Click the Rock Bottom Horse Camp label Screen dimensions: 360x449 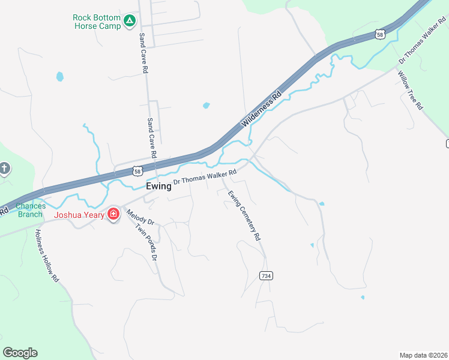point(96,22)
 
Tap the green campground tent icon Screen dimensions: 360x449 point(129,22)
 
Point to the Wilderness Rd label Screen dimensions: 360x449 point(262,108)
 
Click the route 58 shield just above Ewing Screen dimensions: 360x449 point(137,171)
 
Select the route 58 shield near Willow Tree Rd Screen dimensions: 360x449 point(379,35)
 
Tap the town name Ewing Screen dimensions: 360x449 point(158,186)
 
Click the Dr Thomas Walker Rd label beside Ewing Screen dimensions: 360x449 point(205,176)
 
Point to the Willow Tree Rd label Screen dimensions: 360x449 point(411,89)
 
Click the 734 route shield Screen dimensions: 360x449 point(267,275)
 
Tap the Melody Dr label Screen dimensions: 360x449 point(140,217)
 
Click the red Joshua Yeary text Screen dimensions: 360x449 point(79,215)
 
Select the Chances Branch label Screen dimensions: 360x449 point(30,210)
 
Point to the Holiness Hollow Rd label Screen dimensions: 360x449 point(47,256)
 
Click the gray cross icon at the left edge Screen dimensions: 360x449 point(4,168)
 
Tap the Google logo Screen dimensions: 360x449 point(20,353)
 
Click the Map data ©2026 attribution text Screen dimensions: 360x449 point(423,355)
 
